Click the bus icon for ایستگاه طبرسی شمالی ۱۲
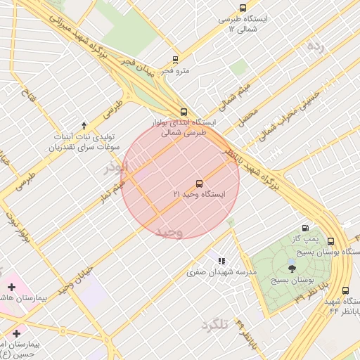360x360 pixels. click(243, 8)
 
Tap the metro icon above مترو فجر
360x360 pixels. click(175, 60)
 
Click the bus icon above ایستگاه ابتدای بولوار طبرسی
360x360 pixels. click(184, 112)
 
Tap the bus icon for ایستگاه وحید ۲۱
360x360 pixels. click(198, 183)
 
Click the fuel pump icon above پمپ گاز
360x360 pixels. click(304, 227)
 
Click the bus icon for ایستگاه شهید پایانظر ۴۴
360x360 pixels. click(345, 290)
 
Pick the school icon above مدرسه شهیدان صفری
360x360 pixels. click(221, 261)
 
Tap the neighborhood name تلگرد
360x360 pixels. click(215, 324)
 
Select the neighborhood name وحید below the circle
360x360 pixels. click(169, 231)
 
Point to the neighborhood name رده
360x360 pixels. click(316, 46)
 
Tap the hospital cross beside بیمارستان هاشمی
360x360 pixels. click(11, 287)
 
